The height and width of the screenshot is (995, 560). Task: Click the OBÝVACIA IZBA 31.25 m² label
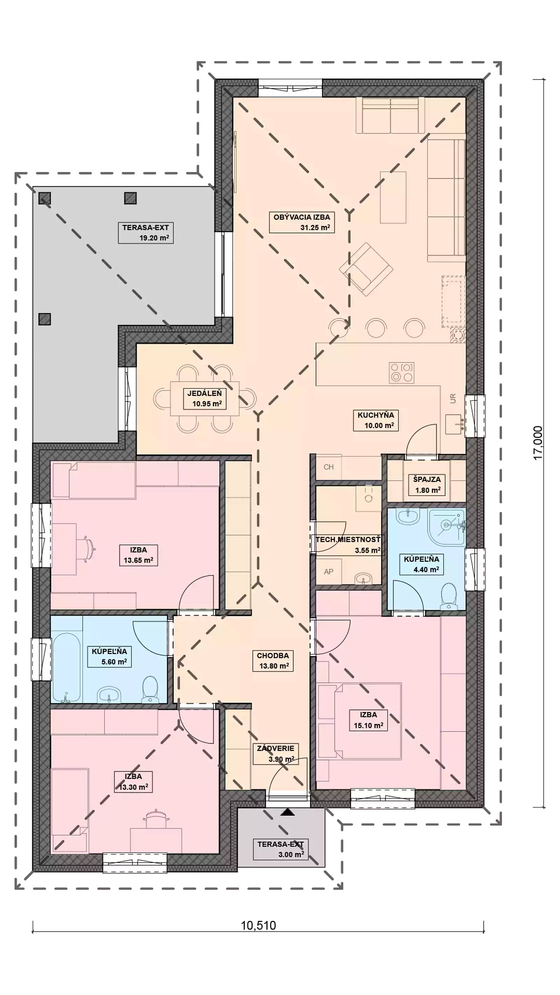pyautogui.click(x=301, y=222)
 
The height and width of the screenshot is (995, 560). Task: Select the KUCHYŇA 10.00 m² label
pyautogui.click(x=376, y=420)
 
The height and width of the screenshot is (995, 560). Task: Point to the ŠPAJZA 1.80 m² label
pyautogui.click(x=427, y=484)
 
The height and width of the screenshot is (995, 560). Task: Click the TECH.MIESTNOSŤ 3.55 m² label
pyautogui.click(x=348, y=545)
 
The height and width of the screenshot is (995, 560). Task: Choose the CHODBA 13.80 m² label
pyautogui.click(x=273, y=661)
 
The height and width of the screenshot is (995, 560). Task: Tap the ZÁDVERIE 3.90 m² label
pyautogui.click(x=275, y=754)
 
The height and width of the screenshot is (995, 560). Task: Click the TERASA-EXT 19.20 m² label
pyautogui.click(x=146, y=233)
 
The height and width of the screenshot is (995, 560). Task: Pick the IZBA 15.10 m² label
pyautogui.click(x=368, y=720)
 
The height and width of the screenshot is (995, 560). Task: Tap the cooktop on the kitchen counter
pyautogui.click(x=401, y=372)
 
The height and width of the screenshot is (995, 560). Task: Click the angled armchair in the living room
pyautogui.click(x=366, y=269)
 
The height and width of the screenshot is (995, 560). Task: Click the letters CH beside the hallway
pyautogui.click(x=329, y=467)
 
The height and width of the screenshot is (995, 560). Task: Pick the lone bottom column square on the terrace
pyautogui.click(x=45, y=319)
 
